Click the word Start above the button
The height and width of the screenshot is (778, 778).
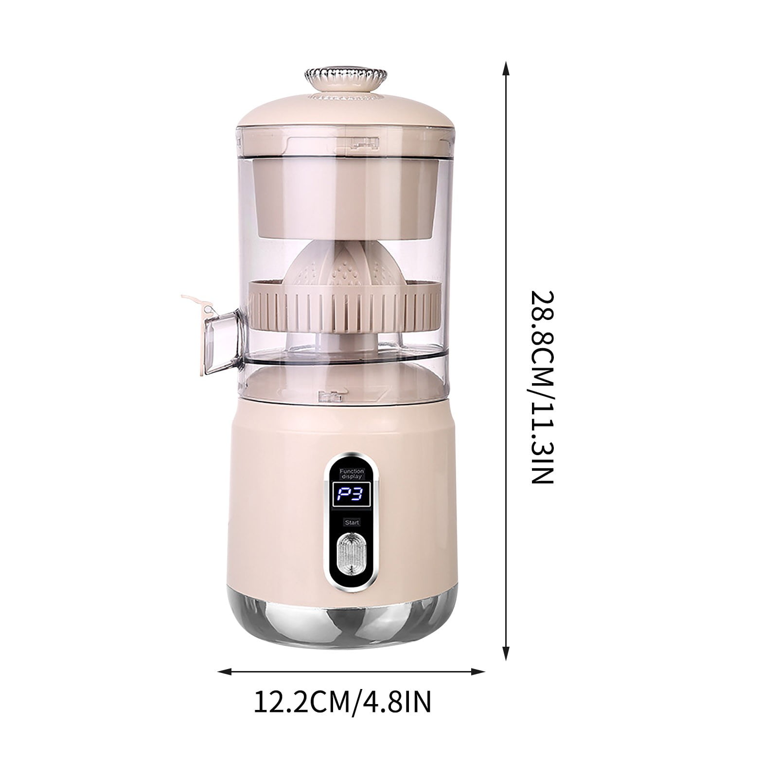click(351, 522)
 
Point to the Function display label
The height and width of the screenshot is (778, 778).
click(351, 474)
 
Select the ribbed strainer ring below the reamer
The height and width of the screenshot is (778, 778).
click(346, 304)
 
